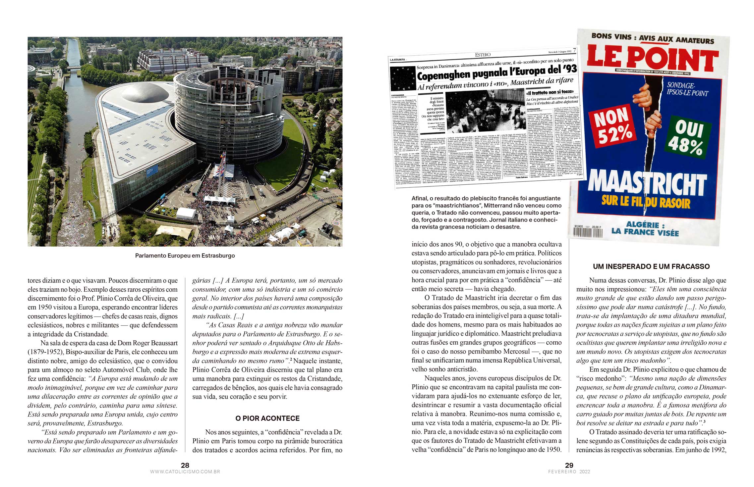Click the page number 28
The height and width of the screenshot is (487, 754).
point(185,465)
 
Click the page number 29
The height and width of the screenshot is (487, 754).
point(569,465)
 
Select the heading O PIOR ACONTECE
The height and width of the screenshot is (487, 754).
point(267,418)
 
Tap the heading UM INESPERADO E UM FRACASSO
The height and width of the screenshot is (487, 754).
point(651,267)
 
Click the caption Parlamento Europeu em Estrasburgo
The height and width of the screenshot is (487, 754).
point(185,256)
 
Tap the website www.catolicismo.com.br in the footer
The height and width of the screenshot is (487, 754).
point(185,472)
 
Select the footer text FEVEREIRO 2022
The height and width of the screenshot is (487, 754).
point(569,472)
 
